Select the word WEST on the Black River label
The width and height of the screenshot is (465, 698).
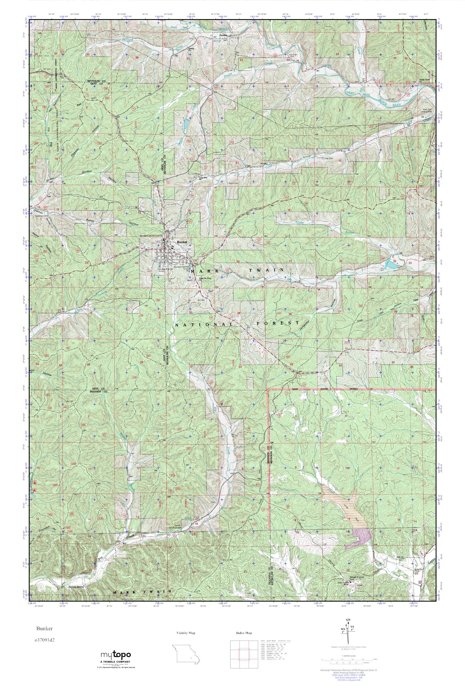[x=352, y=93]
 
